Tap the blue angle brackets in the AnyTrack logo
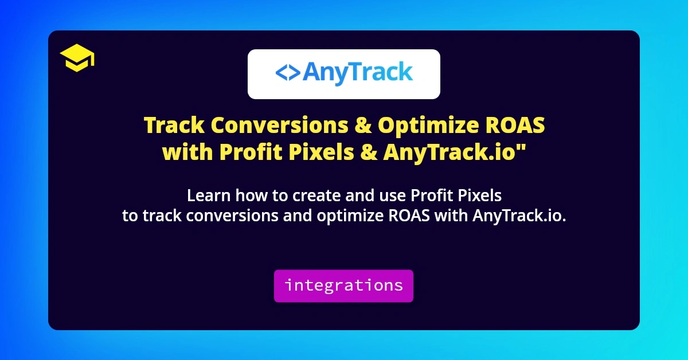click(287, 73)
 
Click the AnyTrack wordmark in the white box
click(357, 73)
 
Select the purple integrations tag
click(343, 285)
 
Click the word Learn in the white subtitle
click(205, 196)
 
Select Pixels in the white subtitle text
click(480, 196)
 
